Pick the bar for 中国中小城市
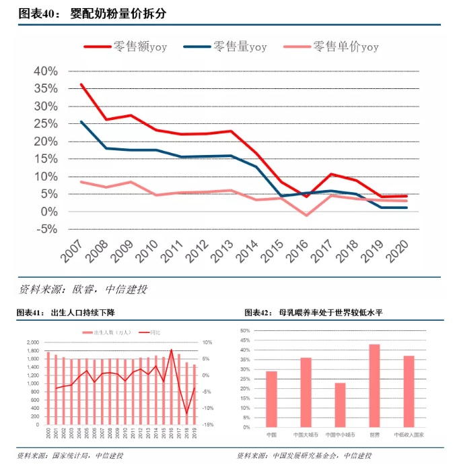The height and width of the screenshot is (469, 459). click(340, 404)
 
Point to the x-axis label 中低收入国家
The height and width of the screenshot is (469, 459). click(409, 435)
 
